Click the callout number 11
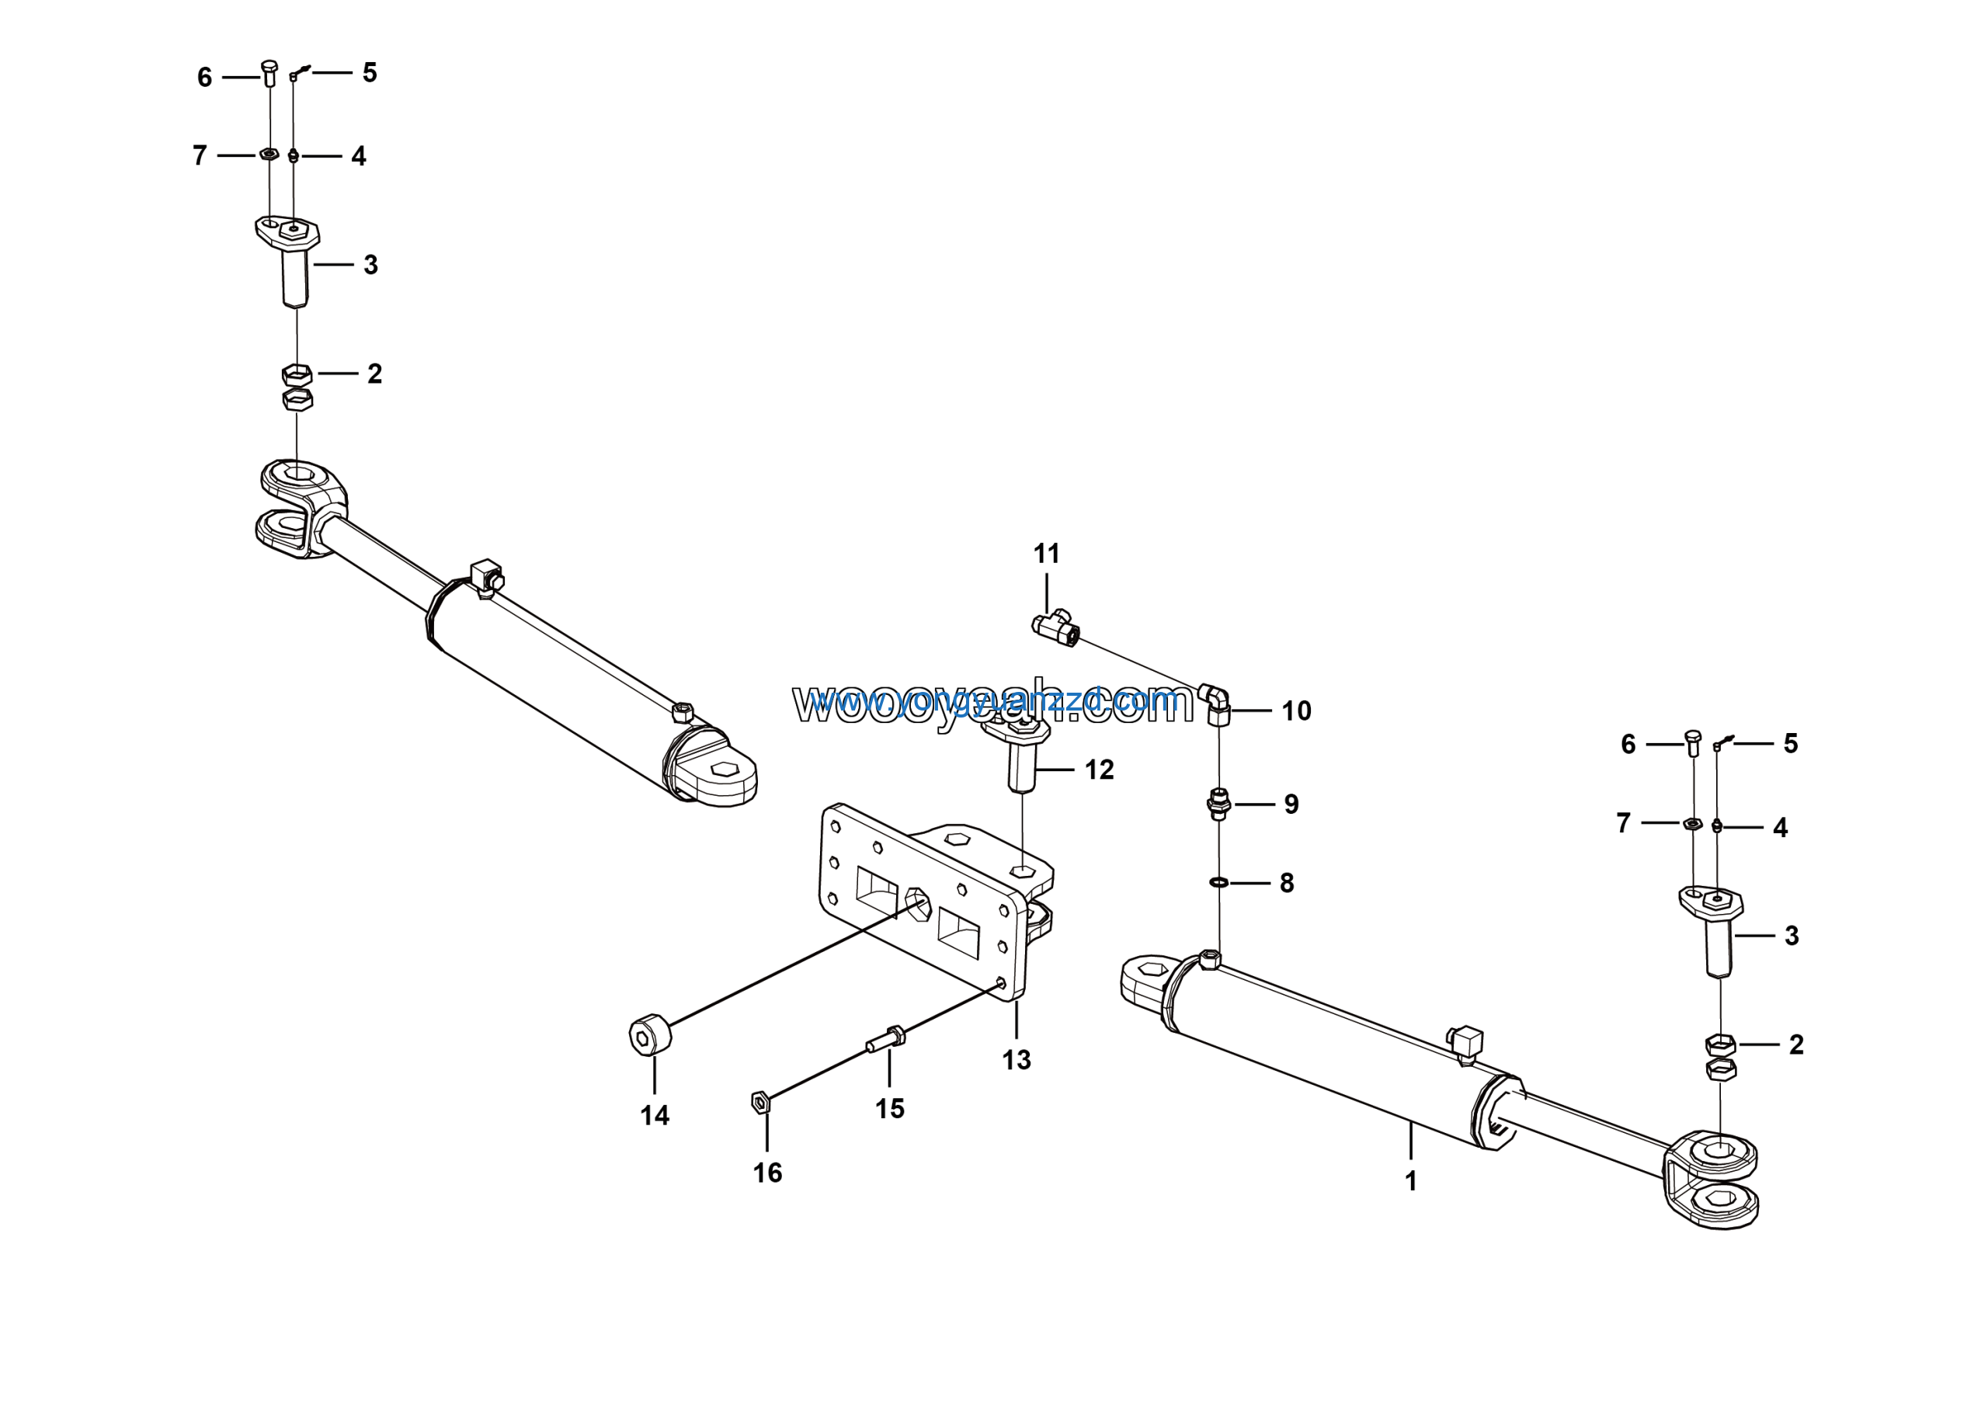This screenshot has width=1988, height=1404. coord(1046,554)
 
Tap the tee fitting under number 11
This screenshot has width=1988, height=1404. coord(1054,627)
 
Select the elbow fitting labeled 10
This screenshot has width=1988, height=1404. coord(1215,703)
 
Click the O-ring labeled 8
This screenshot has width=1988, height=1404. coord(1218,882)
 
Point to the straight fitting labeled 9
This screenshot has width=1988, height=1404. coord(1218,805)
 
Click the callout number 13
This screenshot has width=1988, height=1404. coord(1017,1060)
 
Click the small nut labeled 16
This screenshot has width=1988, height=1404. coord(760,1102)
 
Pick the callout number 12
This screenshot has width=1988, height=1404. coord(1099,770)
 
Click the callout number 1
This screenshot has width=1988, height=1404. coord(1410,1180)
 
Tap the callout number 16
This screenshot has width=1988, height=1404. coord(767,1173)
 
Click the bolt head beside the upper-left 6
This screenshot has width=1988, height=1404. coord(269,68)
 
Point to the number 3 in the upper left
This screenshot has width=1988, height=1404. coord(370,265)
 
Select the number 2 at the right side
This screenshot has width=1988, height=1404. coord(1795,1044)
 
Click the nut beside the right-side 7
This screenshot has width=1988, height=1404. coord(1691,823)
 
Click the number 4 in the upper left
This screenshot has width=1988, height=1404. coord(359,157)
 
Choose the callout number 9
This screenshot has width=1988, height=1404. coord(1291,805)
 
